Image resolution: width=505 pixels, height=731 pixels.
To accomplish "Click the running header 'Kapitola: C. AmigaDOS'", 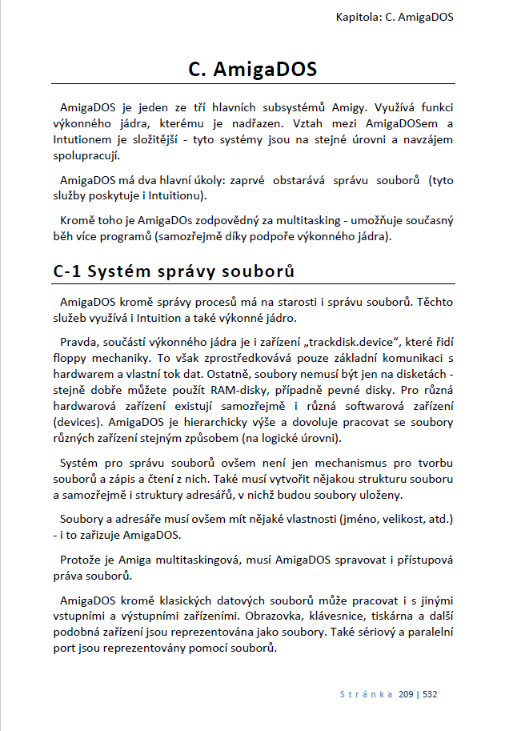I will click(395, 17).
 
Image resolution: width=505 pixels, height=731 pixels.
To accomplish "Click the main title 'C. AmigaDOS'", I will click(253, 69).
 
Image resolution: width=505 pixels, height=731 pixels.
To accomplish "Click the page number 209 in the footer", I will click(406, 694).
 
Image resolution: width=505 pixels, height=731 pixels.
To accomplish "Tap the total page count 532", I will click(429, 694).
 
